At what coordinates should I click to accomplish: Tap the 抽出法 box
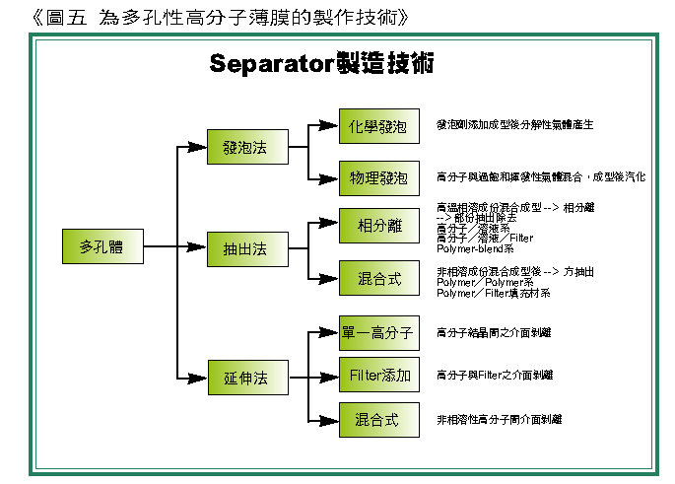pos(245,249)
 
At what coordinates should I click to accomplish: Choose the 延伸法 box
pos(245,378)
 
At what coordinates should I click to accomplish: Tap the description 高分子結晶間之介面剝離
pos(494,333)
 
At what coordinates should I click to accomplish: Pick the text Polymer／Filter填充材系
pos(493,294)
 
